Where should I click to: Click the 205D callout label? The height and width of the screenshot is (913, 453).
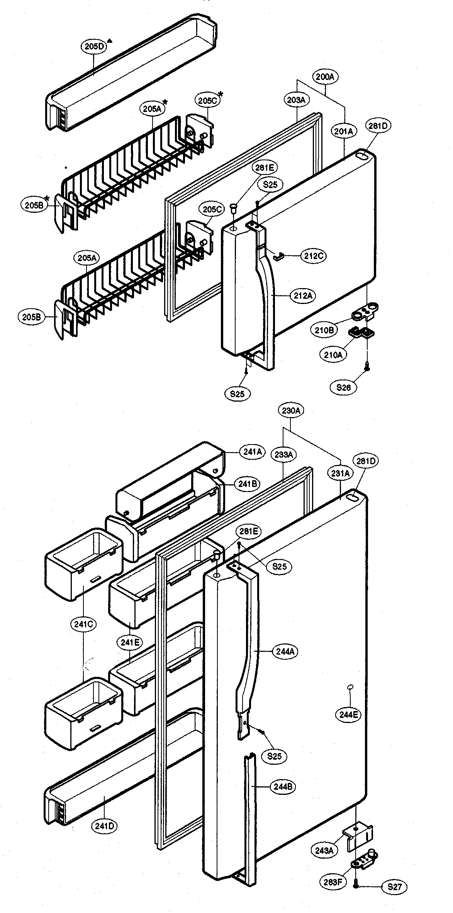point(93,47)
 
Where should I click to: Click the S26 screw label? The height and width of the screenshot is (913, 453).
point(343,387)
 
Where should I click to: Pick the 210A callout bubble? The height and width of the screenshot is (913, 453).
point(333,355)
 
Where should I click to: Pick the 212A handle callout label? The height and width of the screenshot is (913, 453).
point(303,296)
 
